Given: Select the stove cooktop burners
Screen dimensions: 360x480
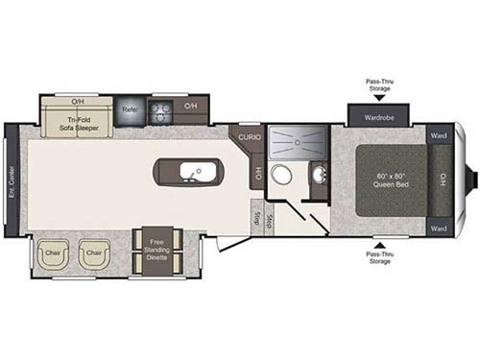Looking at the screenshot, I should coord(162,108).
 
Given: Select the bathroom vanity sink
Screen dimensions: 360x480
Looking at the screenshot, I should coord(319,175).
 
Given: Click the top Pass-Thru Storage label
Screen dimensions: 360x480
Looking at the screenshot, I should coord(378,85).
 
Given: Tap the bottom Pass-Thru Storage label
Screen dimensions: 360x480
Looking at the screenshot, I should coord(378,256).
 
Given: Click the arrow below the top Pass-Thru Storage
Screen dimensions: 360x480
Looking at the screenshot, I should coord(378,98).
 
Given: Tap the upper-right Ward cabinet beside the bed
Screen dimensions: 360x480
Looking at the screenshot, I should coord(440,134).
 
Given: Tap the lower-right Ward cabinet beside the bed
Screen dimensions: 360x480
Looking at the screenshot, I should coord(440,228).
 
